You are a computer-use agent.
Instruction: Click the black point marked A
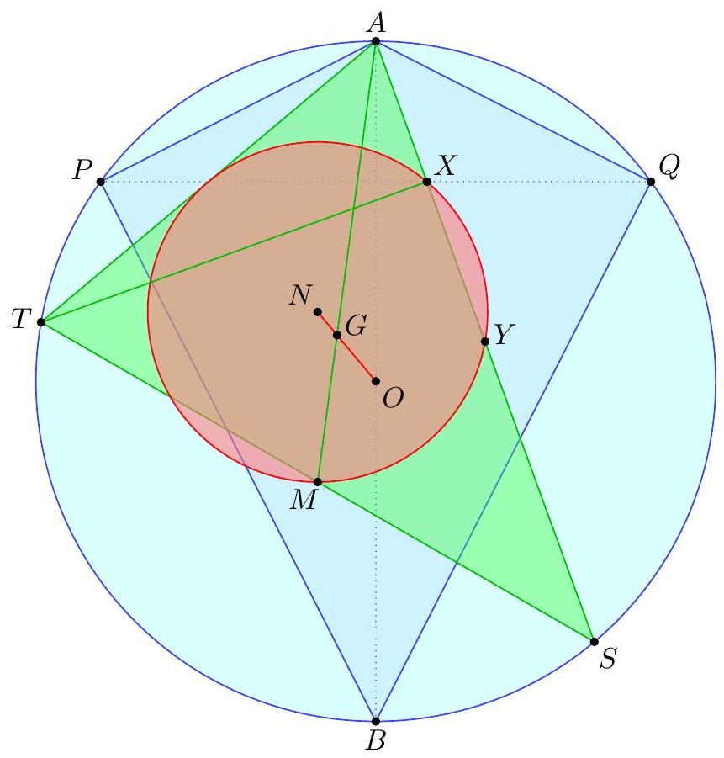(376, 41)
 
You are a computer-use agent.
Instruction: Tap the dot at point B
(376, 721)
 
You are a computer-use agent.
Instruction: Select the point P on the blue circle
(101, 182)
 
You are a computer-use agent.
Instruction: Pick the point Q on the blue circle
(651, 182)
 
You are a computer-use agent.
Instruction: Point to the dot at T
(41, 322)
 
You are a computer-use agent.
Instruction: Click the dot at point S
(594, 642)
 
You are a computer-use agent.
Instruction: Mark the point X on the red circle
(426, 182)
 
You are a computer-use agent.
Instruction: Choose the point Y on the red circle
(485, 342)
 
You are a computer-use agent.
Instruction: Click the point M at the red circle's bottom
(318, 482)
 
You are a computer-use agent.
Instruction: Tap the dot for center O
(376, 381)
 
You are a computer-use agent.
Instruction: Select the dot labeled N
(318, 312)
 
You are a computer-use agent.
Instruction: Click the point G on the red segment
(337, 335)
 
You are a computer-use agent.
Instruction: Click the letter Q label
(669, 167)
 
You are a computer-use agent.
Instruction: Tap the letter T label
(21, 319)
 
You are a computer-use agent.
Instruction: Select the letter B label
(376, 740)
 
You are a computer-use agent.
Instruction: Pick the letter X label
(445, 166)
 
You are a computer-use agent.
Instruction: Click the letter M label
(304, 500)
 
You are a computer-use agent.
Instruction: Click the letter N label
(301, 295)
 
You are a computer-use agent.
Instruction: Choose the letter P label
(82, 170)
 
